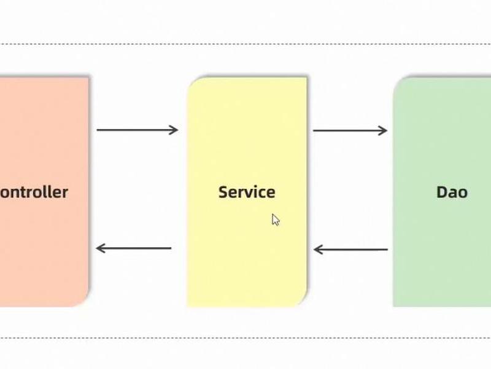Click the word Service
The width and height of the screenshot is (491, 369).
click(x=247, y=192)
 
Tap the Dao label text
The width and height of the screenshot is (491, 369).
click(x=452, y=192)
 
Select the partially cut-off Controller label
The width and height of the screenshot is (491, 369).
click(x=34, y=192)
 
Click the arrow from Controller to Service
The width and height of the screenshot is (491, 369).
click(x=137, y=130)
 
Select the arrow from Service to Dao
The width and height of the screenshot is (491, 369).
click(x=350, y=130)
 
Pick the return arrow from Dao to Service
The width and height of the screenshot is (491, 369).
click(x=350, y=250)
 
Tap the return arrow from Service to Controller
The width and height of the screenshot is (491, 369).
click(x=134, y=248)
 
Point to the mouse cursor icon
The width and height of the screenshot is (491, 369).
click(x=276, y=220)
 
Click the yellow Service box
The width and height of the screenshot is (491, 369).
click(x=247, y=191)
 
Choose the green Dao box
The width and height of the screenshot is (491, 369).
click(x=442, y=191)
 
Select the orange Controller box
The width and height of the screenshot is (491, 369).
click(x=44, y=191)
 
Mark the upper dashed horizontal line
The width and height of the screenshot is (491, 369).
click(x=245, y=44)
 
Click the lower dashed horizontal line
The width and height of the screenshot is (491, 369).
click(x=245, y=338)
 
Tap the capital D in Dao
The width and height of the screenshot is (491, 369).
click(x=442, y=192)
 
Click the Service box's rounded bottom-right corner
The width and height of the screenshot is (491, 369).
click(x=303, y=301)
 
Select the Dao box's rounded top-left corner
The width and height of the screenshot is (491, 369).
click(x=397, y=82)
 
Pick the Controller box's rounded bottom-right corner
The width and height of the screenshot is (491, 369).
click(x=84, y=301)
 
